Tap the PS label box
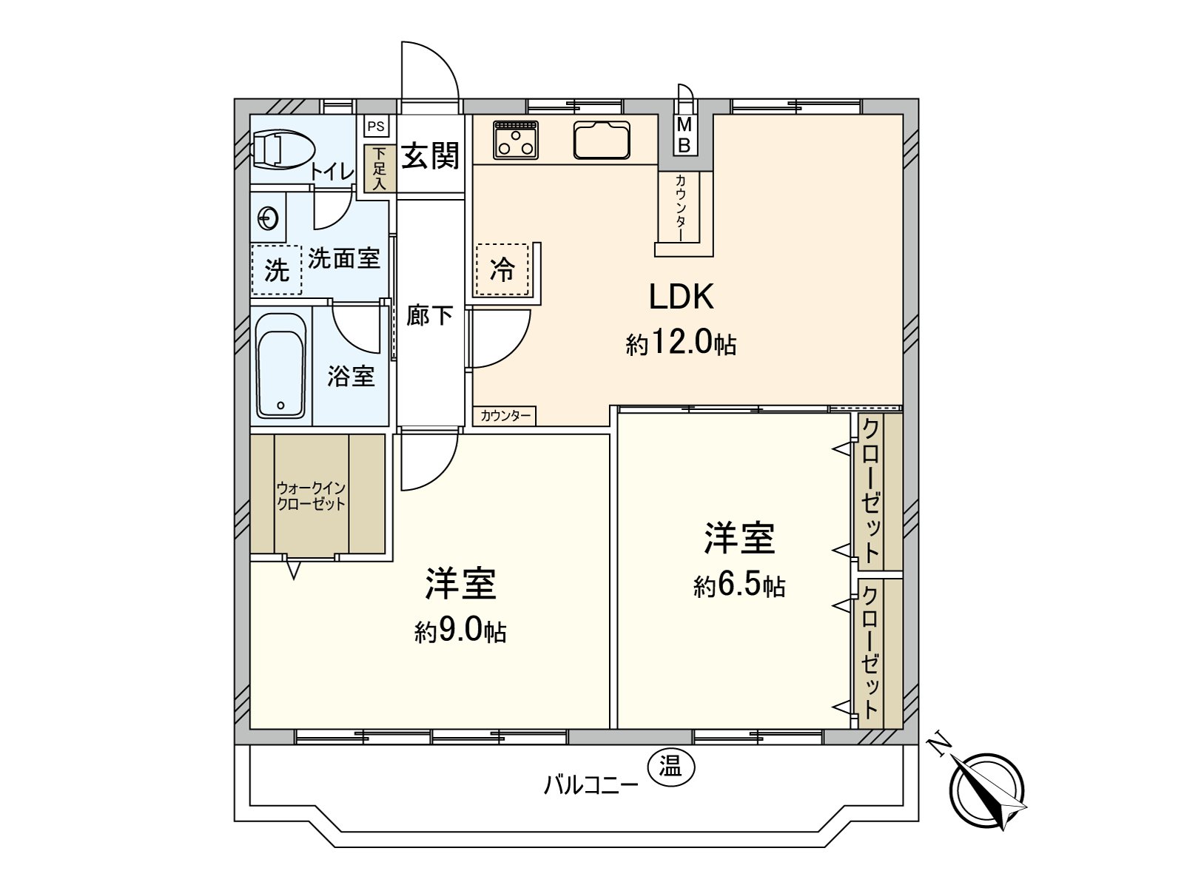coord(376,127)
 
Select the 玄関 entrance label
coord(430,156)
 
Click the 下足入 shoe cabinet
coord(379,169)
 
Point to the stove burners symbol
coord(516,140)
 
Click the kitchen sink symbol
coord(602,140)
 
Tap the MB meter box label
coord(684,135)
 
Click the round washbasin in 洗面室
coord(268,218)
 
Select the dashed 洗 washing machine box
coord(276,270)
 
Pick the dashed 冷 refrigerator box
coord(502,270)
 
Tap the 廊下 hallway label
coord(429,316)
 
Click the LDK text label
coord(681,297)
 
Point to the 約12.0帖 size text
coord(681,343)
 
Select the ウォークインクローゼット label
coord(311,497)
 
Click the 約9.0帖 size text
coord(460,631)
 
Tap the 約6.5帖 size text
coord(739,586)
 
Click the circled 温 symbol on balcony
coord(670,767)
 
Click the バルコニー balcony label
coord(591,784)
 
